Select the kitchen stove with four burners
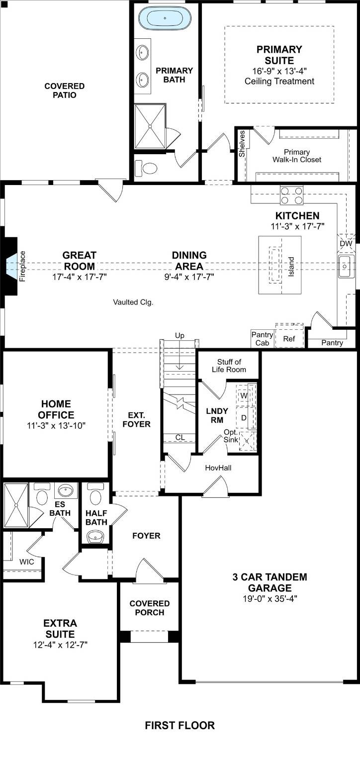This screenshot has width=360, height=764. tap(292, 194)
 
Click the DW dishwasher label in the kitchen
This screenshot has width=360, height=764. tap(346, 244)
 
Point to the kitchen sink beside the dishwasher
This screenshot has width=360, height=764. tap(346, 267)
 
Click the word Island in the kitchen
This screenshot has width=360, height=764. tap(291, 267)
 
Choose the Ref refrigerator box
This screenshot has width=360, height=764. tap(289, 339)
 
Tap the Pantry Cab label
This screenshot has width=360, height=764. tap(262, 339)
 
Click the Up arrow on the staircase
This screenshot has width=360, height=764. tap(180, 336)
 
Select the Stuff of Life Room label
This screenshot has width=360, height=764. tap(229, 366)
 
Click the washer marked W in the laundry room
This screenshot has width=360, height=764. tap(244, 395)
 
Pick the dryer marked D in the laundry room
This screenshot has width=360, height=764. tap(244, 418)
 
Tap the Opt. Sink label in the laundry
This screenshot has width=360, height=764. tap(231, 436)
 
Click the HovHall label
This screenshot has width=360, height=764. tap(218, 468)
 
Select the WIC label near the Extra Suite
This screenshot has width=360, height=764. tap(26, 562)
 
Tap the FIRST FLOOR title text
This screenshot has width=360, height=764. tap(180, 726)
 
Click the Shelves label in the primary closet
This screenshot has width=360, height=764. tap(242, 144)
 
